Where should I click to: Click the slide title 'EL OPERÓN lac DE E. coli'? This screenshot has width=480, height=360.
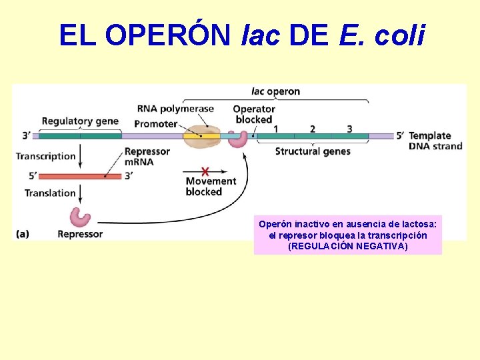pyautogui.click(x=241, y=35)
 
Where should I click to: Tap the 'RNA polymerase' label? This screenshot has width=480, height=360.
pyautogui.click(x=175, y=109)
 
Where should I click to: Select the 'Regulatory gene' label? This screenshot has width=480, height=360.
pyautogui.click(x=80, y=121)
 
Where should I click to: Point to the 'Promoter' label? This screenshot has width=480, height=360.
pyautogui.click(x=155, y=123)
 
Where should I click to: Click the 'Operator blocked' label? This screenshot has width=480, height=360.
pyautogui.click(x=254, y=115)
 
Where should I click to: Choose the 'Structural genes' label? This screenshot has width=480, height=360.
pyautogui.click(x=313, y=151)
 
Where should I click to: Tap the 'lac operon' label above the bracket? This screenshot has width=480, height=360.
pyautogui.click(x=275, y=91)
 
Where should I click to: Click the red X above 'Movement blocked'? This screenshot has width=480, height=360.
pyautogui.click(x=205, y=171)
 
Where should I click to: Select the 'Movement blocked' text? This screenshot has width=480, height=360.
pyautogui.click(x=210, y=187)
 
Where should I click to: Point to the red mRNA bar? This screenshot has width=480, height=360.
pyautogui.click(x=79, y=176)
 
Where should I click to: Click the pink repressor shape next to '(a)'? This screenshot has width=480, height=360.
pyautogui.click(x=80, y=217)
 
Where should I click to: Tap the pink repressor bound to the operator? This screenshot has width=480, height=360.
pyautogui.click(x=237, y=139)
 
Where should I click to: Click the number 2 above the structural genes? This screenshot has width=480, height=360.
pyautogui.click(x=312, y=129)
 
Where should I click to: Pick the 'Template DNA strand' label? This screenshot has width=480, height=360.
pyautogui.click(x=435, y=141)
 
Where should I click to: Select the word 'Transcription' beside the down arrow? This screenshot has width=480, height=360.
pyautogui.click(x=46, y=156)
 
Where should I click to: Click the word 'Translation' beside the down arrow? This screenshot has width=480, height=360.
pyautogui.click(x=50, y=193)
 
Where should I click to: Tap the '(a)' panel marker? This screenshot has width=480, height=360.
pyautogui.click(x=22, y=234)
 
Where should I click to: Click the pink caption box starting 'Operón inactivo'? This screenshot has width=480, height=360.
pyautogui.click(x=347, y=235)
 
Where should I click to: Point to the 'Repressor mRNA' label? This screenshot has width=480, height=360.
pyautogui.click(x=147, y=157)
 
